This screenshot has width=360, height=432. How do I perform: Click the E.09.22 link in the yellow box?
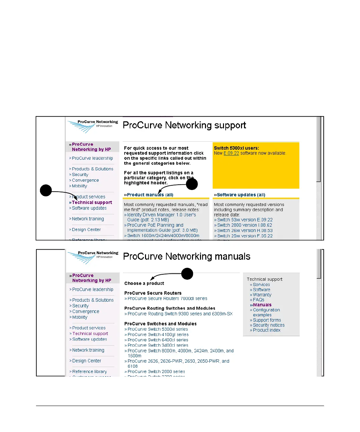231,153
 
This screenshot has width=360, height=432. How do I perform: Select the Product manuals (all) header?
150,195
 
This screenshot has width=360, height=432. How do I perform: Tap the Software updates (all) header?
241,195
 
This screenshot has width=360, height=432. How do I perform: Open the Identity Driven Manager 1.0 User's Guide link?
161,215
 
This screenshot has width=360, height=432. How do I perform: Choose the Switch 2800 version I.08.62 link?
245,225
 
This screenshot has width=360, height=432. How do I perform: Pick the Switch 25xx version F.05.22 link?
245,236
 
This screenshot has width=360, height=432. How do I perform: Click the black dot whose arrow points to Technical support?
46,190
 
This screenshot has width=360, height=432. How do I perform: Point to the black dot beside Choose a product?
187,274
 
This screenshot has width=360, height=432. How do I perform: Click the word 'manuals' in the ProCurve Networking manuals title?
232,256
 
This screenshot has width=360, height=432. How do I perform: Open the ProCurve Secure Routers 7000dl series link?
167,299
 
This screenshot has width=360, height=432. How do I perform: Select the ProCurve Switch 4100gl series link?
158,335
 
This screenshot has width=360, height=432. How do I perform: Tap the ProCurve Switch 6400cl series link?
158,340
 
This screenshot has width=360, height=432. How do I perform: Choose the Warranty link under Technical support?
262,295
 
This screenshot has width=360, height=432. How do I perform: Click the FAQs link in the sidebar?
258,300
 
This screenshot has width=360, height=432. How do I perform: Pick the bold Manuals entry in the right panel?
262,305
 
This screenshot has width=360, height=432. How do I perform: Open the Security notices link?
269,325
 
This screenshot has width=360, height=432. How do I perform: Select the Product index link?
266,330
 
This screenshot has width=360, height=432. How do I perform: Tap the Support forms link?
267,320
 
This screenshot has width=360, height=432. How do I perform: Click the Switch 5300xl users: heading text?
236,148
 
